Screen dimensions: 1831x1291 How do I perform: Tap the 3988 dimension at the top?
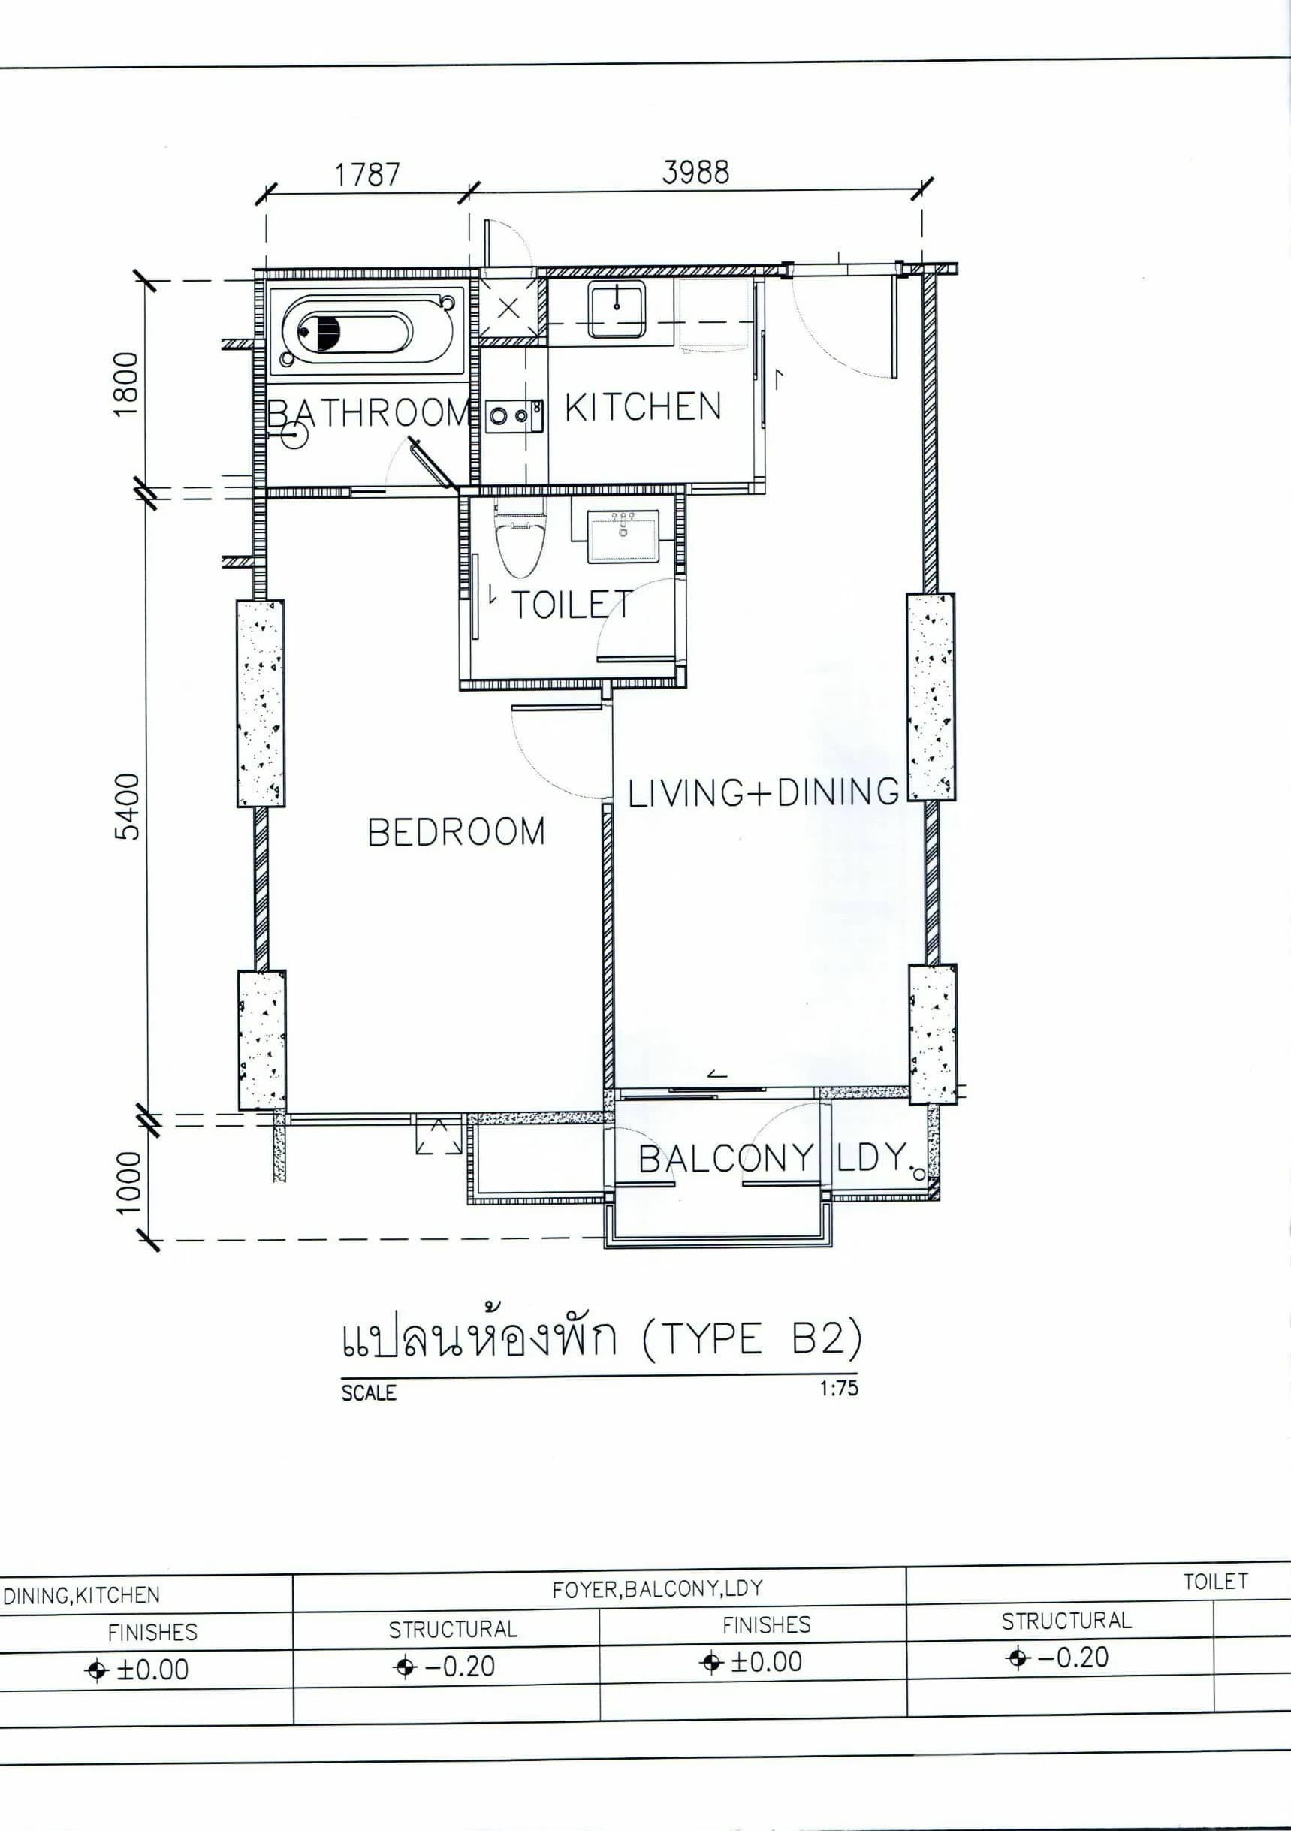tap(695, 172)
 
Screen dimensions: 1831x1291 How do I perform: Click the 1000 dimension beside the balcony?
tap(128, 1182)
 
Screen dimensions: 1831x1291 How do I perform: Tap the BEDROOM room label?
tap(456, 833)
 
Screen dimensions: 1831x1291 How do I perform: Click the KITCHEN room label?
tap(643, 407)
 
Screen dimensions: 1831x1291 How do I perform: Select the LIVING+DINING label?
tap(763, 792)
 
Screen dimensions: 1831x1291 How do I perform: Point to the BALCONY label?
tap(725, 1159)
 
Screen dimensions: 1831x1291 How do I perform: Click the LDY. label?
tap(873, 1157)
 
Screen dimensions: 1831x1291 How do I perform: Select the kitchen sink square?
tap(617, 309)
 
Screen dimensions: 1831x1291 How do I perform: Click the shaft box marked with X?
tap(508, 309)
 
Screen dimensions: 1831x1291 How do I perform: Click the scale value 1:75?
tap(838, 1388)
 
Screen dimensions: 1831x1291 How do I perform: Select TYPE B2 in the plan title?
tap(752, 1339)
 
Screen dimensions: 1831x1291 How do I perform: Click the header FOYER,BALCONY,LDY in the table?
tap(657, 1588)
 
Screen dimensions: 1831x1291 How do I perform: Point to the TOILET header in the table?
tap(1214, 1582)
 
